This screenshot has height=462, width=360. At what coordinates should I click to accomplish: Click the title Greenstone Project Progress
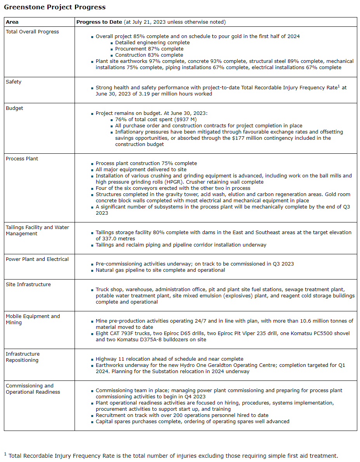point(55,7)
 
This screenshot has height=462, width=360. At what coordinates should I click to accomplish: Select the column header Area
point(12,22)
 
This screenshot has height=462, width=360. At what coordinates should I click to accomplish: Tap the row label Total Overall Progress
point(32,31)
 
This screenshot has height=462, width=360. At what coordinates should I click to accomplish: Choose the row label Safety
point(14,82)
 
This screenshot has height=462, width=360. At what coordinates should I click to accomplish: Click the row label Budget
point(14,108)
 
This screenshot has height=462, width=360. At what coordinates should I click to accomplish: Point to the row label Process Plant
point(22,158)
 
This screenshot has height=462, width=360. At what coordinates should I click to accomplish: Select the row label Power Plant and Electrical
point(37,259)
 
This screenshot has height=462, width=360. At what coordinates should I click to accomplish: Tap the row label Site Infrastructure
point(28,284)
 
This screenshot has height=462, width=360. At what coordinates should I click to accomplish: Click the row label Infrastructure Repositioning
point(23,357)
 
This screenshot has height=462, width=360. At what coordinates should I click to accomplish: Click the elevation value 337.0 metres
point(115,238)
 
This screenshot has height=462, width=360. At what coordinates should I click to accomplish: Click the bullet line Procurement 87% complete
point(149,49)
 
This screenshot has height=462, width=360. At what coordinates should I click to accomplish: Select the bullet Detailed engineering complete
point(152,43)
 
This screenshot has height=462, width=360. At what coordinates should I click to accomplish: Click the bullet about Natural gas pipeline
point(160,270)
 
